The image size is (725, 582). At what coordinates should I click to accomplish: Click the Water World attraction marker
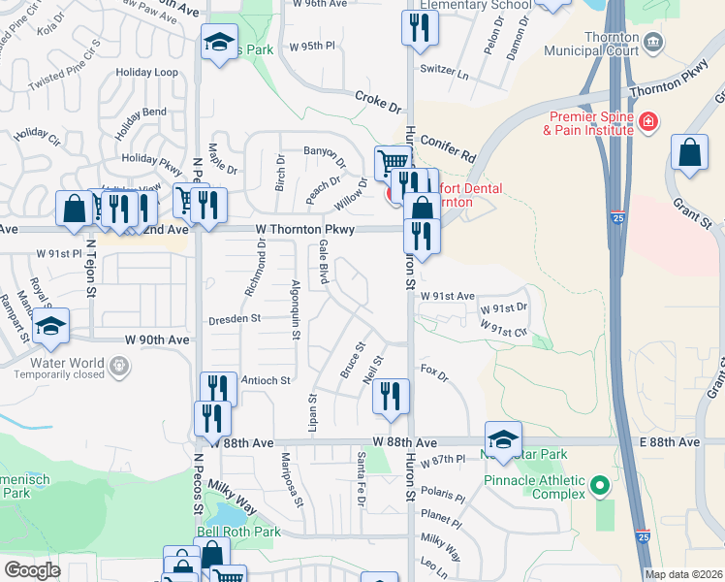(x=119, y=368)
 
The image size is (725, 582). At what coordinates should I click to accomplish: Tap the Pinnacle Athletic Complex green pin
(x=598, y=485)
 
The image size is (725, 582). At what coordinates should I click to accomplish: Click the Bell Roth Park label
(x=238, y=532)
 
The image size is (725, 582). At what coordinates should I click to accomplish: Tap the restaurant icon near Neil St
(x=391, y=397)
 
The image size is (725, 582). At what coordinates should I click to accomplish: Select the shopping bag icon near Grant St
(x=688, y=153)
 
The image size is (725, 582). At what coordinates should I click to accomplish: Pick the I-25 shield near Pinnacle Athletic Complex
(x=644, y=534)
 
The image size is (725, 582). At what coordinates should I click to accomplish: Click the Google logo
(x=32, y=569)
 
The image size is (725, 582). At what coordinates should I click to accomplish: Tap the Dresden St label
(x=235, y=318)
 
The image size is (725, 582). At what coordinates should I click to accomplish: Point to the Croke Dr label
(x=378, y=100)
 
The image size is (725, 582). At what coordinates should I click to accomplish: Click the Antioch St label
(x=266, y=381)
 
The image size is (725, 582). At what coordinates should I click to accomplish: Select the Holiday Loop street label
(x=147, y=73)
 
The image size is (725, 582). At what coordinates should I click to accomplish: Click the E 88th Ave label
(x=668, y=442)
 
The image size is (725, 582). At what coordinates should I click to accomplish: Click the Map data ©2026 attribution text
(x=684, y=574)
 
